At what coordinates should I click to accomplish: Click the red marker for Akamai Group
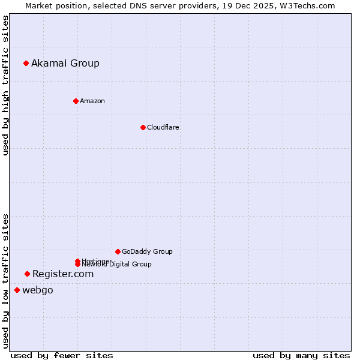coord(26,63)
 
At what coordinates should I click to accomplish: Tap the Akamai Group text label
coord(65,63)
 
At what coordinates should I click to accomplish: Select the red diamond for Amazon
coord(76,101)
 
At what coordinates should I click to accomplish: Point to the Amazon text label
coord(92,101)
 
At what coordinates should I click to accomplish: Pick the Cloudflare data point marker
coord(143,127)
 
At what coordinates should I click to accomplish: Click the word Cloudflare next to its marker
coord(163,127)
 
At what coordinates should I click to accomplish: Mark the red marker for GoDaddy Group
coord(118,251)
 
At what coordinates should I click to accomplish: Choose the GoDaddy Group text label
coord(147,251)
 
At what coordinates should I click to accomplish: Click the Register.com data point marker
coord(27,274)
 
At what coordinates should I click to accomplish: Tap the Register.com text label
coord(63,274)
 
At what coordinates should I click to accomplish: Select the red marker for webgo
coord(17,290)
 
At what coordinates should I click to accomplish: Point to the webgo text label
coord(38,290)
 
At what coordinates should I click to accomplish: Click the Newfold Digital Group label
coord(118,265)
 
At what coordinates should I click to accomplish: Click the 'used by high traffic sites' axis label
coord(6,85)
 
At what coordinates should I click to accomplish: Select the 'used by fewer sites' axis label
coord(62,355)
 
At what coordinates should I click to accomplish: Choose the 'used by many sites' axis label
coord(301,355)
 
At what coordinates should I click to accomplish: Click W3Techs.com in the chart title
coord(307,5)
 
